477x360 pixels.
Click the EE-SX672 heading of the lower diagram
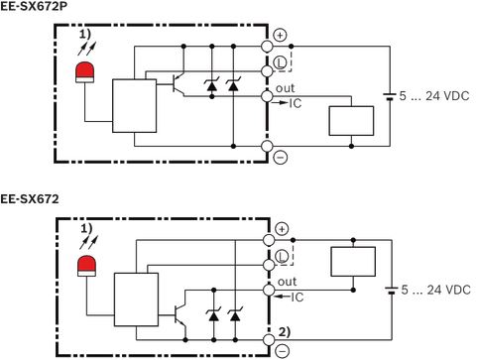[x=30, y=199]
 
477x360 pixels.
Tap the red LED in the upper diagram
[x=85, y=72]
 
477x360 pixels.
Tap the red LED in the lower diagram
[x=87, y=266]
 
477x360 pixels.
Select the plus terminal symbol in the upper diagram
[x=281, y=35]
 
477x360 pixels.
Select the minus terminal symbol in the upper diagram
[x=281, y=157]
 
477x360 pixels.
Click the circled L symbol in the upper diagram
[x=281, y=62]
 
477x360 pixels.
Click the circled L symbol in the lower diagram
[x=282, y=256]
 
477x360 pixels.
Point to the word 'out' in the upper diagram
[x=285, y=88]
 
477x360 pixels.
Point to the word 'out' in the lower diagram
[x=287, y=282]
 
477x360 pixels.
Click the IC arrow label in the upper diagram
[x=287, y=103]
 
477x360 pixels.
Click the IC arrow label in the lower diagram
[x=289, y=297]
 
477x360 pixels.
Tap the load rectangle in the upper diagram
[x=351, y=121]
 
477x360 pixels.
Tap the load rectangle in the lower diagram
[x=353, y=262]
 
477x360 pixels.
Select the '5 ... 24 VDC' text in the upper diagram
[x=434, y=96]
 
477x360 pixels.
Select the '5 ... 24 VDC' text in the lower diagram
[x=435, y=290]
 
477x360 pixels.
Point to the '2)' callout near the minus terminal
[x=285, y=331]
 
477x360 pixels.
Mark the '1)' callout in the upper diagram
[x=84, y=35]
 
